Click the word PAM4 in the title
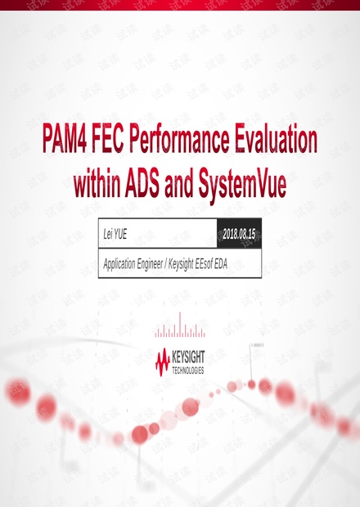click(x=65, y=139)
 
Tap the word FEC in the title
click(x=108, y=139)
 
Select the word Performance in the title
click(x=179, y=139)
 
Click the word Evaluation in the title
click(x=276, y=139)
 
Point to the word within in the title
click(x=97, y=184)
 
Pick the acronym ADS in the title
click(x=142, y=184)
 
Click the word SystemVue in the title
click(x=242, y=186)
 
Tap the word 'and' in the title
click(x=179, y=184)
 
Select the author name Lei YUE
click(x=115, y=234)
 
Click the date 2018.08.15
click(x=239, y=234)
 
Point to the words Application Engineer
click(x=133, y=264)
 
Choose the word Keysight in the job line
click(x=181, y=264)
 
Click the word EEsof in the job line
click(x=204, y=264)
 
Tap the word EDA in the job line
click(x=221, y=264)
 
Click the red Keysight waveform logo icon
click(x=163, y=362)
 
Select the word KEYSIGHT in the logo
click(x=188, y=357)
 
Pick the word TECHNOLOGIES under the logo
click(x=188, y=370)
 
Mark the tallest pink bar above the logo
click(x=180, y=325)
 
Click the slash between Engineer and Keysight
click(x=165, y=264)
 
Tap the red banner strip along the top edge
click(x=180, y=5)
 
